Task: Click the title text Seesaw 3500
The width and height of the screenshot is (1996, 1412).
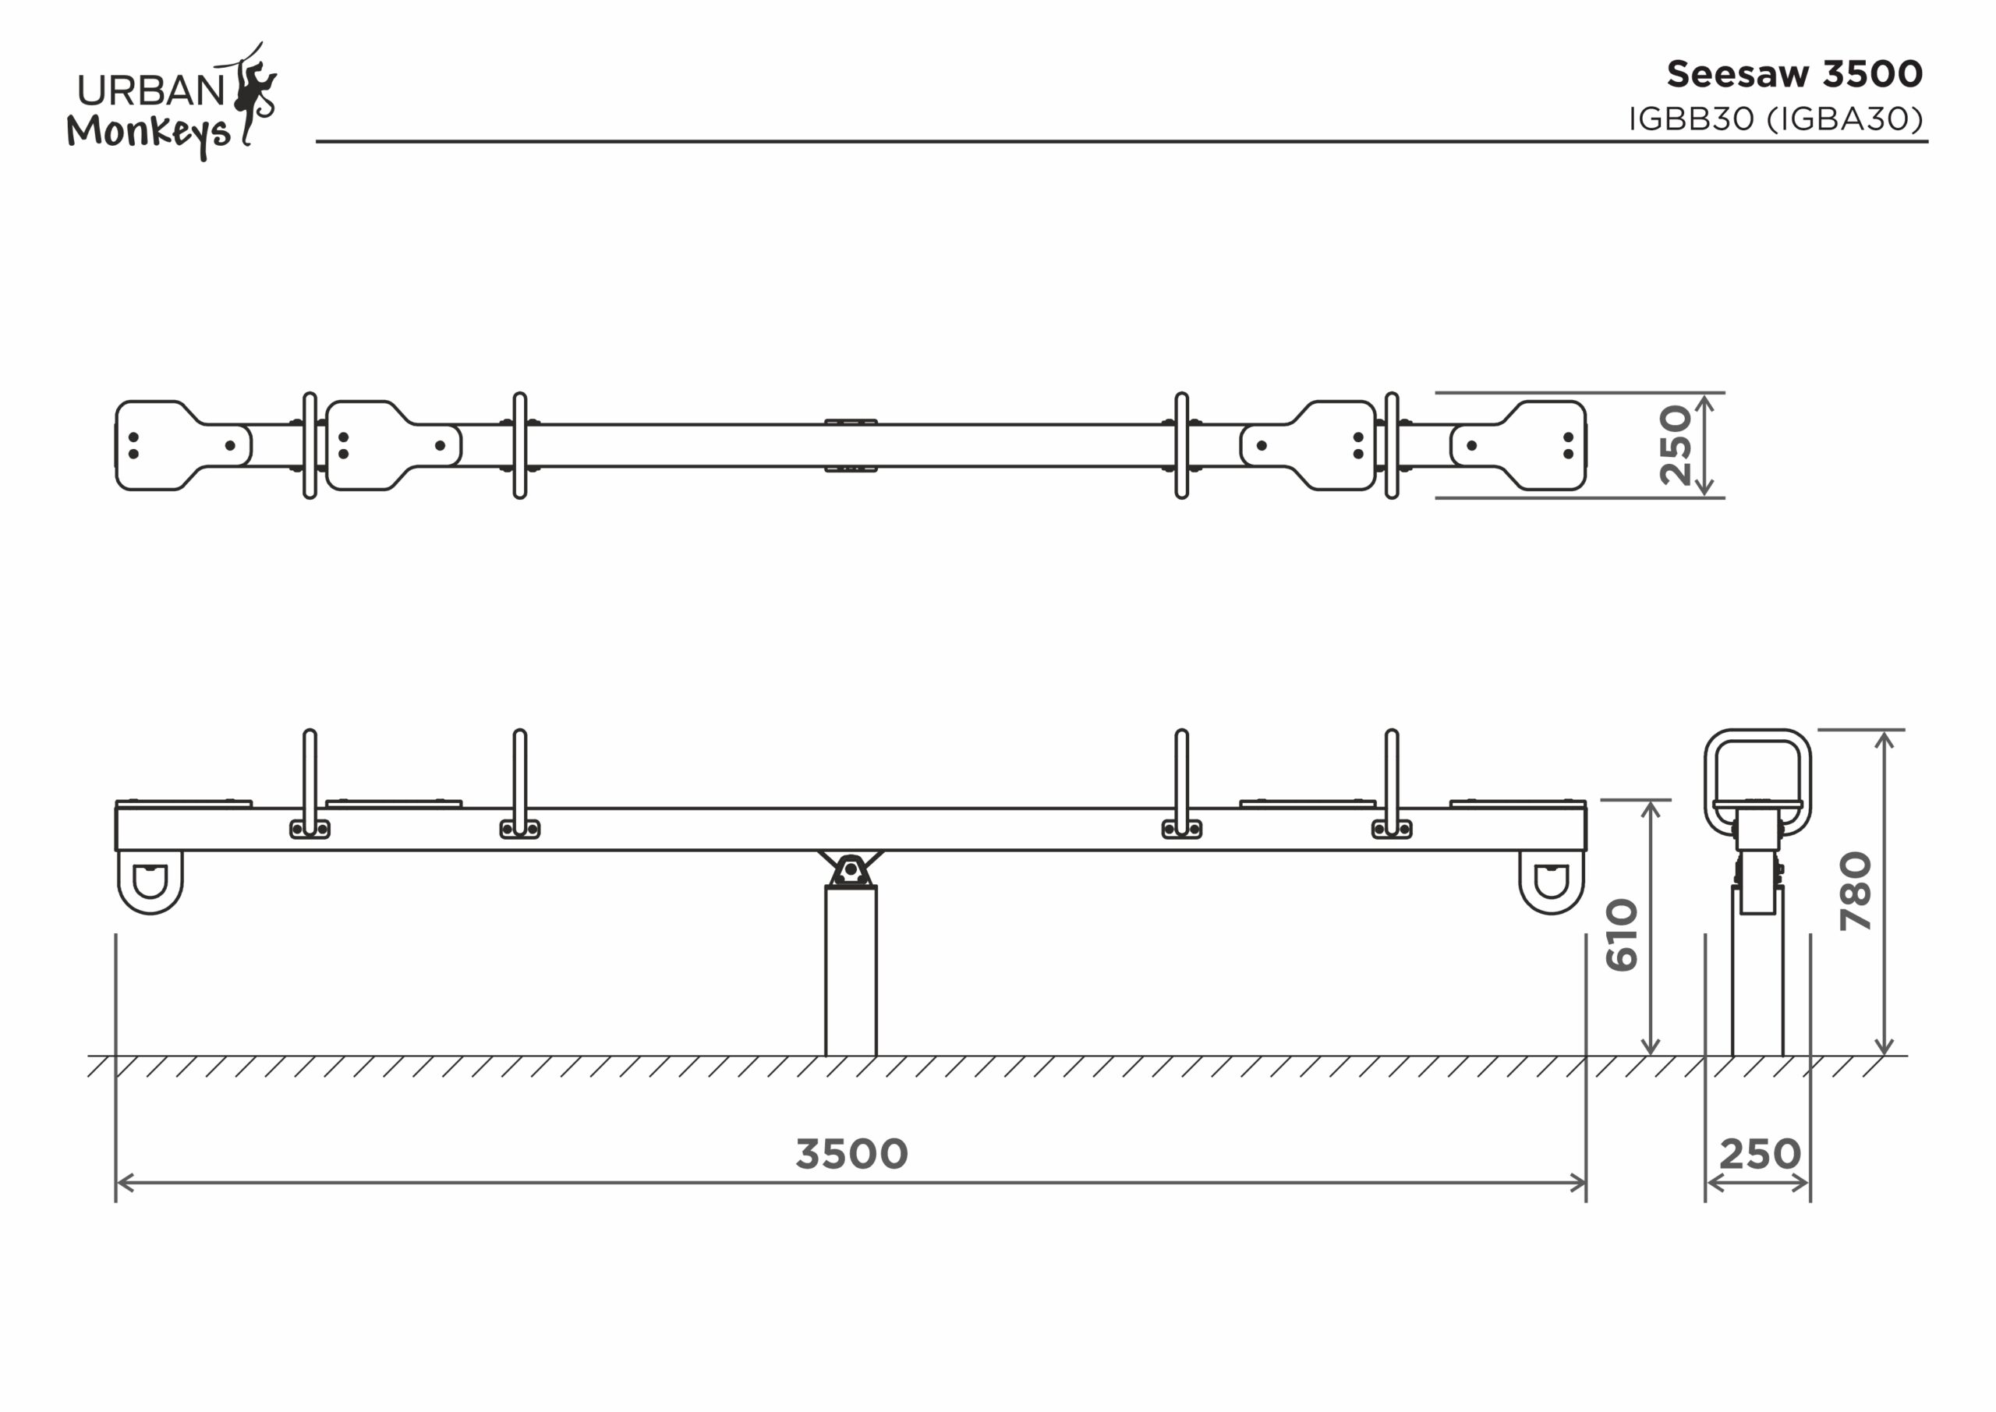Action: coord(1794,74)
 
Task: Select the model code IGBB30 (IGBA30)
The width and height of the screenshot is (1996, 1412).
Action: coord(1776,119)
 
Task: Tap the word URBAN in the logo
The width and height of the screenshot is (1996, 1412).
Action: coord(151,90)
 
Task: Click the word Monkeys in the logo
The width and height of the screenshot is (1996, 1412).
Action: coord(149,133)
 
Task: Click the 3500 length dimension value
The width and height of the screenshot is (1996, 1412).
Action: coord(852,1155)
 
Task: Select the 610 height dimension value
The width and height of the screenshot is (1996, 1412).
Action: coord(1623,935)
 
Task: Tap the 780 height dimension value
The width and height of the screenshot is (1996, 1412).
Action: coord(1856,892)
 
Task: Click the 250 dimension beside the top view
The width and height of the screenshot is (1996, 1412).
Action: coord(1676,445)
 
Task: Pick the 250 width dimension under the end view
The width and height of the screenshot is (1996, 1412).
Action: coord(1761,1155)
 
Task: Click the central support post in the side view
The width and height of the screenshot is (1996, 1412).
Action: coord(851,971)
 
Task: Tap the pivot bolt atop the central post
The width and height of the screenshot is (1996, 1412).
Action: coord(851,869)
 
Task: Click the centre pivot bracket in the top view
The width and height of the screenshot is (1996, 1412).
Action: coord(851,422)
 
